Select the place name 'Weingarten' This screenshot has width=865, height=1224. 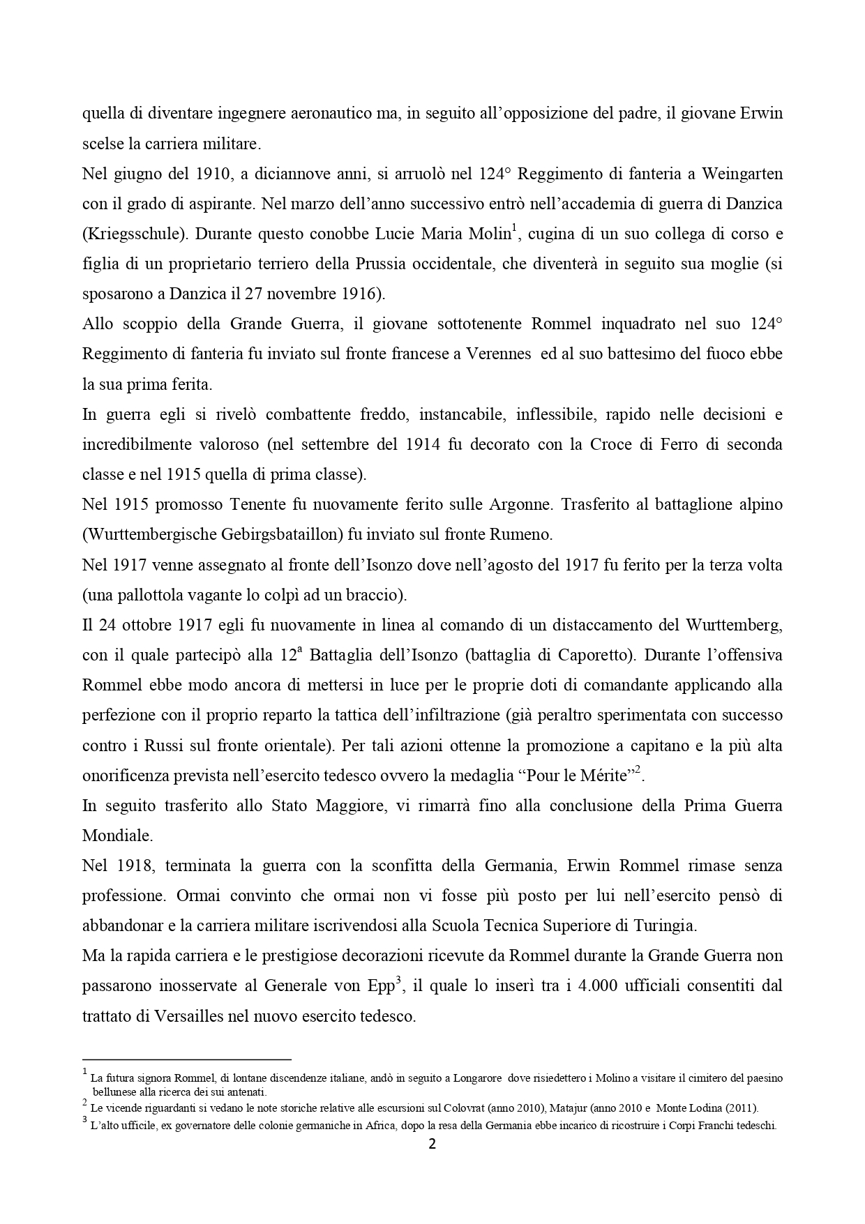[742, 173]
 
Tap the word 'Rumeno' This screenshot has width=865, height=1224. [523, 534]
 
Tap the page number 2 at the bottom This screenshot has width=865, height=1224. [432, 1144]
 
